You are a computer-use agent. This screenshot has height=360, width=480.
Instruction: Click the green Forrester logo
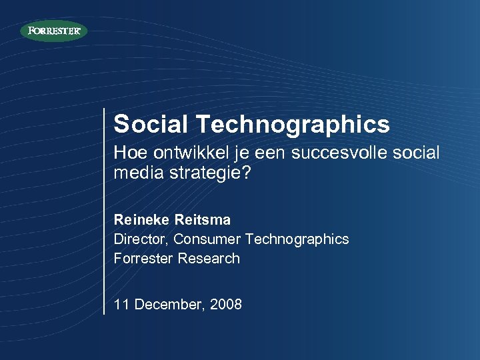coord(54,31)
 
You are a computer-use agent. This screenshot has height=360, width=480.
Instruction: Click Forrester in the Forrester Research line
coord(143,258)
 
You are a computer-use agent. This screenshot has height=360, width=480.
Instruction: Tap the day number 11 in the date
coord(121,305)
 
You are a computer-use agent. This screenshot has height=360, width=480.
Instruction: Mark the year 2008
coord(226,305)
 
